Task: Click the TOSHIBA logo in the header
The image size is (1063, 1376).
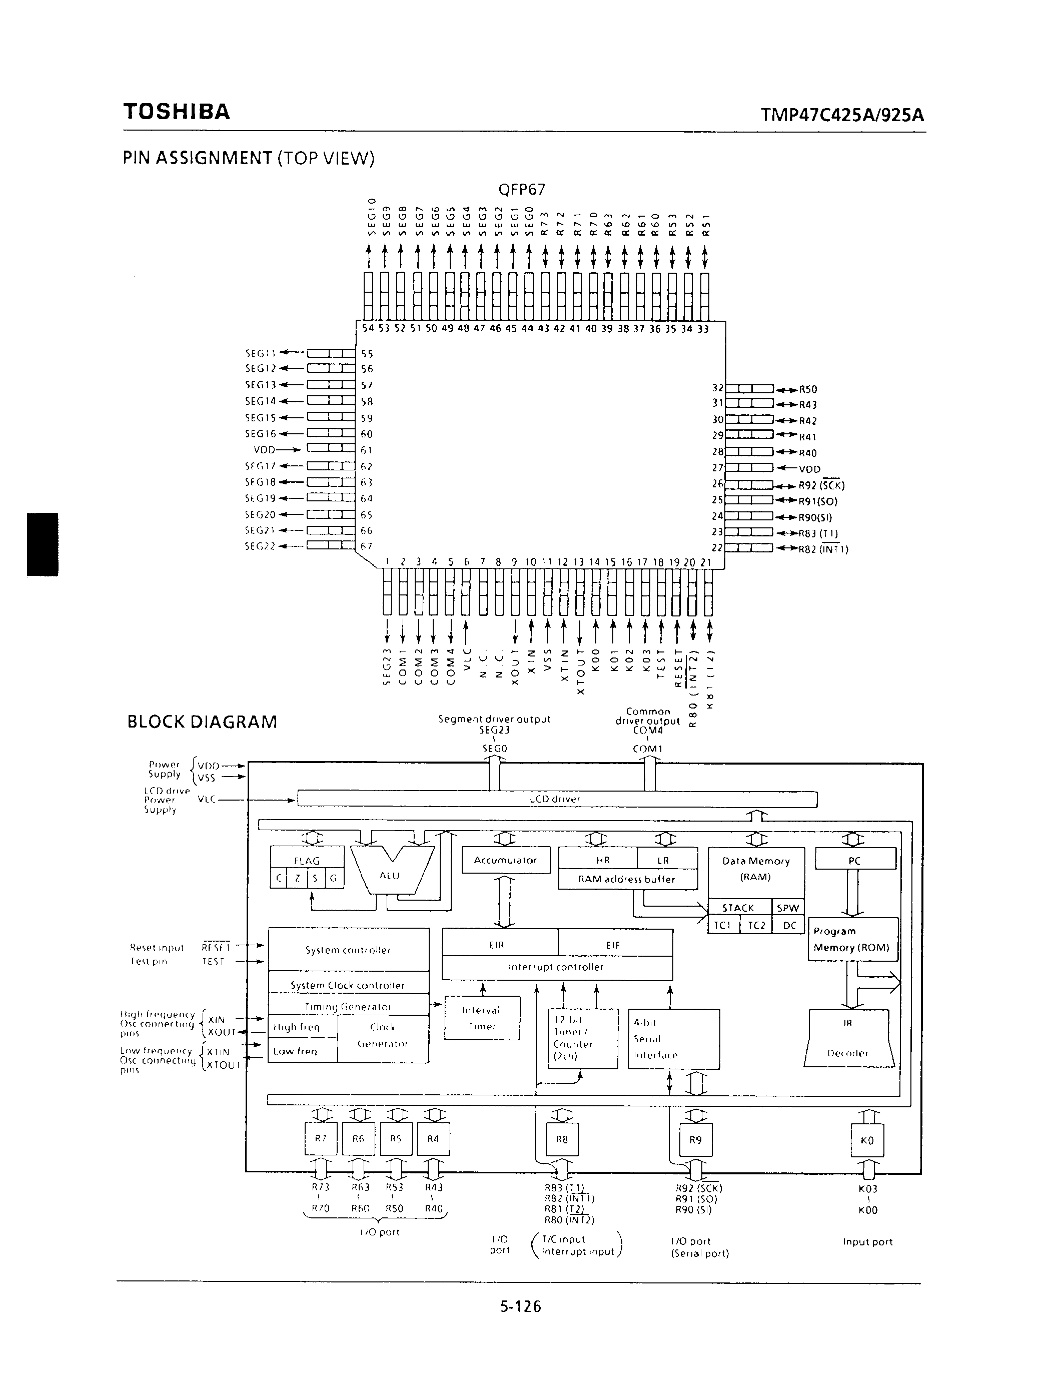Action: (x=177, y=112)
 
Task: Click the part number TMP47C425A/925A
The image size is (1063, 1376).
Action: (x=842, y=115)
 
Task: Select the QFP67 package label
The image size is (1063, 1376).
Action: (x=521, y=189)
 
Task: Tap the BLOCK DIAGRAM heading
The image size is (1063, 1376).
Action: (x=202, y=722)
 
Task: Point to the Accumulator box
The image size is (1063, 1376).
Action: (x=506, y=860)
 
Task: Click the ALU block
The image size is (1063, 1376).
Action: (x=390, y=876)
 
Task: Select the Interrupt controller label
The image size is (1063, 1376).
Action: (x=556, y=967)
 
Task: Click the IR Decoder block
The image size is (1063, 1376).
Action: (x=849, y=1038)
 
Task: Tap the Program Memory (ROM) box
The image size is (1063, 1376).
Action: (x=852, y=939)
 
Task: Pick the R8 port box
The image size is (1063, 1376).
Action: (x=562, y=1139)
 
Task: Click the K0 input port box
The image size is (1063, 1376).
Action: (x=867, y=1140)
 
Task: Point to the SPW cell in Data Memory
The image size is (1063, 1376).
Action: (x=788, y=908)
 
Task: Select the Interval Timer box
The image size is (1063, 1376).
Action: (x=482, y=1018)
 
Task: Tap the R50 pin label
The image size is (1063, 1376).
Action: (x=808, y=389)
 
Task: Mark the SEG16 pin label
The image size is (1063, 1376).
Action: (x=261, y=433)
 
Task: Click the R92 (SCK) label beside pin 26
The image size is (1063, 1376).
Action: (x=821, y=485)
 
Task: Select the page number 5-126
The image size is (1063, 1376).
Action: (x=521, y=1306)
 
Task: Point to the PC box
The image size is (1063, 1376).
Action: (x=854, y=861)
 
